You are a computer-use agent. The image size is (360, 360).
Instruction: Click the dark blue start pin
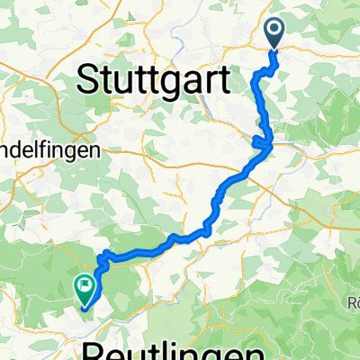[274, 33]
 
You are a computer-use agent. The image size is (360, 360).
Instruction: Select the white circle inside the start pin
[274, 31]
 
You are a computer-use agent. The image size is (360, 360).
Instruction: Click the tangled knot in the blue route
[265, 141]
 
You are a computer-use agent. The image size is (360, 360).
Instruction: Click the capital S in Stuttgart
[91, 79]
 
